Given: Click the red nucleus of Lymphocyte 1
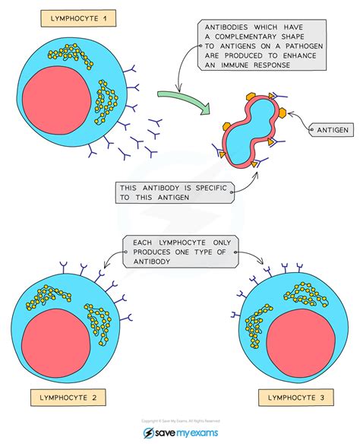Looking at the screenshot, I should tap(54, 106).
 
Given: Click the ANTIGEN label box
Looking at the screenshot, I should tap(332, 131).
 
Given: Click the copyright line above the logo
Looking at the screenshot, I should tap(180, 420).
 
